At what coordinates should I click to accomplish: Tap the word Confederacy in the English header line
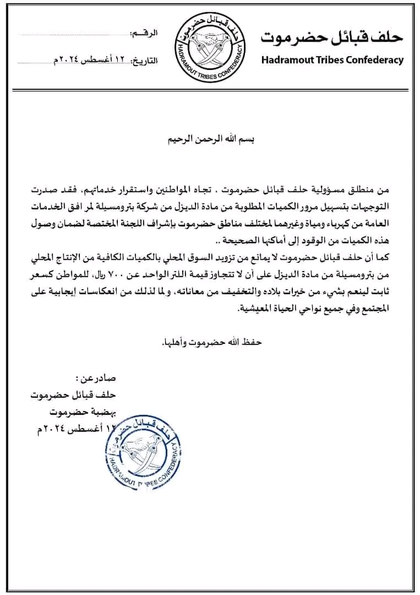click(375, 60)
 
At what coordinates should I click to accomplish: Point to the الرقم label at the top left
click(146, 36)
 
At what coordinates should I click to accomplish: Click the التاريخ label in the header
click(146, 60)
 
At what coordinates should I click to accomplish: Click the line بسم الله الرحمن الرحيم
click(209, 141)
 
